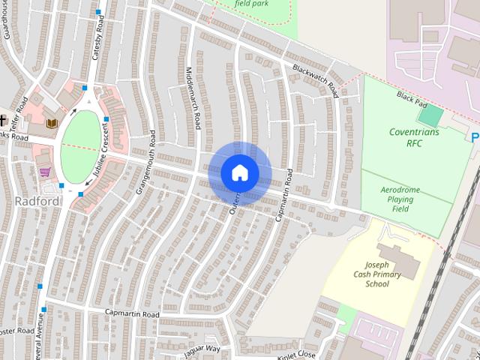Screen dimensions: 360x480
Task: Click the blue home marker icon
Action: point(239,172)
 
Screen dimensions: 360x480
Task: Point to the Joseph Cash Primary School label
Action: point(382,274)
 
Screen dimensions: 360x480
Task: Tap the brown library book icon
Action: point(51,123)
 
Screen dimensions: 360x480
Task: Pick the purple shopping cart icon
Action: point(45,172)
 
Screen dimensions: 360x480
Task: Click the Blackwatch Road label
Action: point(315,80)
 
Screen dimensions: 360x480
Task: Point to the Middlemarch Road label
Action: point(193,98)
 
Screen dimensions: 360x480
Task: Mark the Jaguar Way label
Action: point(203,346)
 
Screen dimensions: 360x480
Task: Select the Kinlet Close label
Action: point(296,353)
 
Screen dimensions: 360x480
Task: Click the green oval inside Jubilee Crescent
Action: point(80,146)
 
